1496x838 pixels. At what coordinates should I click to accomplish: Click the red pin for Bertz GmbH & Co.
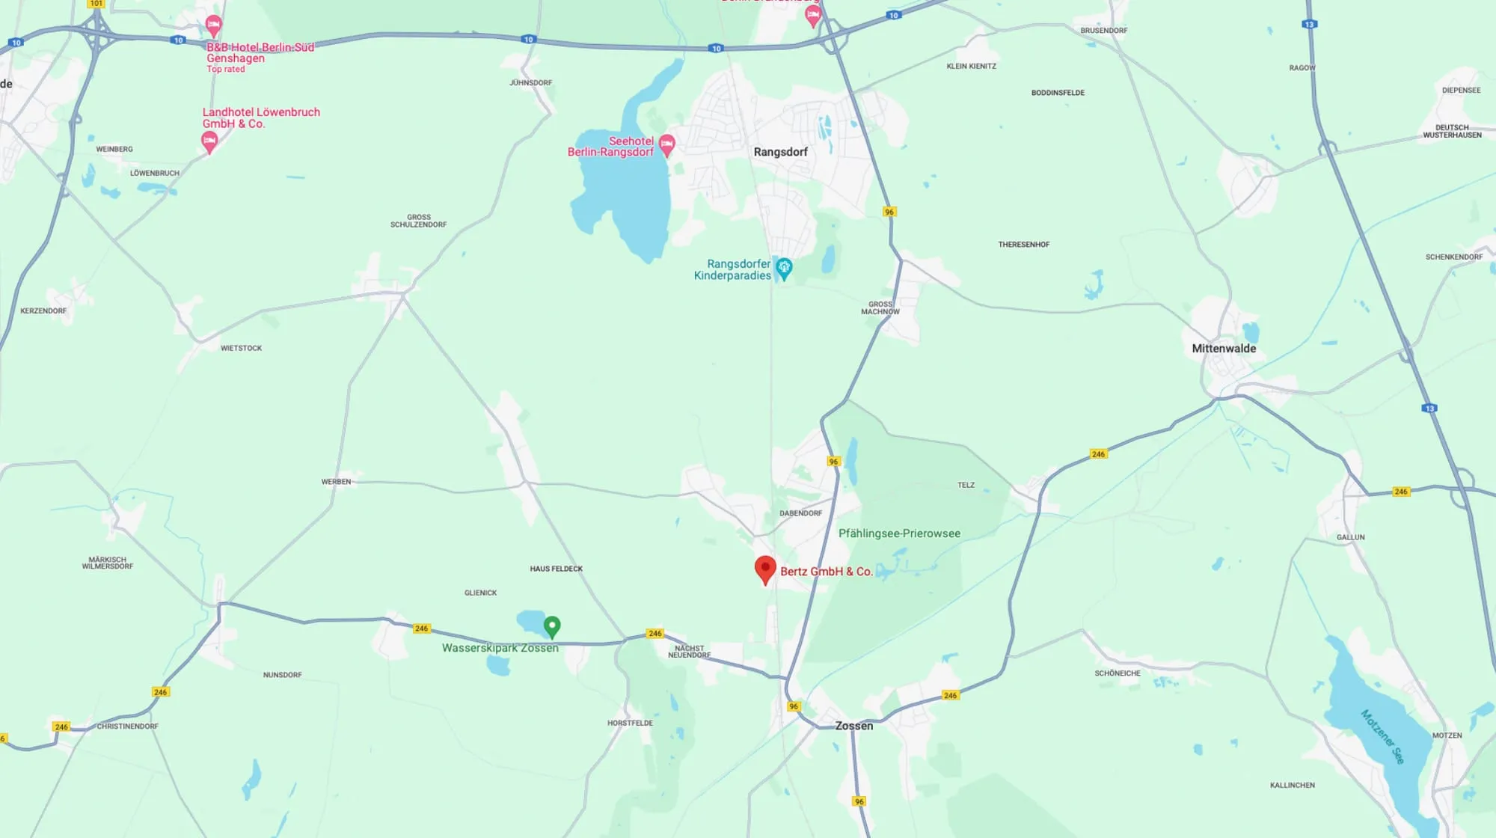(764, 569)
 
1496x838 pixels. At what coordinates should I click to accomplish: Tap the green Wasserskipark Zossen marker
(552, 626)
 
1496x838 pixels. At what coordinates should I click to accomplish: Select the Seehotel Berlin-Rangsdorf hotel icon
(666, 144)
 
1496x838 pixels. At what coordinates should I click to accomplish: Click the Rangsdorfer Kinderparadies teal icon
(783, 268)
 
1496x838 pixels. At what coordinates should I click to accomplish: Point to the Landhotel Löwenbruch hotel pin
(209, 141)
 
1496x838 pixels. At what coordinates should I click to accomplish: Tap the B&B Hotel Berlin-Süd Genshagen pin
(213, 26)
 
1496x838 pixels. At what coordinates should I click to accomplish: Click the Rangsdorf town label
(780, 152)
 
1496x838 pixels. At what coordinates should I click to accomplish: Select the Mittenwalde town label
(1224, 349)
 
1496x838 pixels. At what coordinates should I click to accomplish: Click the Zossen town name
(854, 726)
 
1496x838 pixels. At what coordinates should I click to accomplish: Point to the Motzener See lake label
(1382, 736)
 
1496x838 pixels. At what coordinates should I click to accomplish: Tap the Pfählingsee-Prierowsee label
(899, 533)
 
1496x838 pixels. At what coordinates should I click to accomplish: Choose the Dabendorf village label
(800, 513)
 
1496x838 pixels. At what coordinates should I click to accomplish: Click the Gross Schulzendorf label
(418, 221)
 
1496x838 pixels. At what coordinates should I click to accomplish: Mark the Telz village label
(966, 485)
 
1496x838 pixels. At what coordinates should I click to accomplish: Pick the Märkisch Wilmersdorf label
(108, 563)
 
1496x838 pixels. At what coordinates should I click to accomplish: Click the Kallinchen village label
(1292, 785)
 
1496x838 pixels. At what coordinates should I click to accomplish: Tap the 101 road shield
(96, 4)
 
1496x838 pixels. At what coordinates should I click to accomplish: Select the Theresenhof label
(1023, 245)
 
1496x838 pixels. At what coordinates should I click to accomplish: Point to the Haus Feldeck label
(556, 569)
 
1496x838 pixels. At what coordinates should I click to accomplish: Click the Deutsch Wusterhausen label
(1452, 131)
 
